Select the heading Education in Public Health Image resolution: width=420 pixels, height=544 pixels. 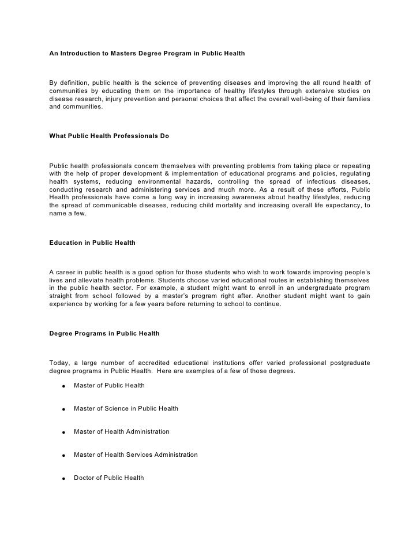coord(92,243)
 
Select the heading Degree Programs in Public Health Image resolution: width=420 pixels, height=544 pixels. coord(104,334)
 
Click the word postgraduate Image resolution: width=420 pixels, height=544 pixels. coord(349,363)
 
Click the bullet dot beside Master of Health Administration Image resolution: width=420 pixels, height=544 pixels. coord(61,433)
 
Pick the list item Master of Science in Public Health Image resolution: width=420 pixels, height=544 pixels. coord(126,408)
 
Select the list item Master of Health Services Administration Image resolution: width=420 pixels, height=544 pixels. coord(136,454)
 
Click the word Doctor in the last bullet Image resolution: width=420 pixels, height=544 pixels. coord(84,478)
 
